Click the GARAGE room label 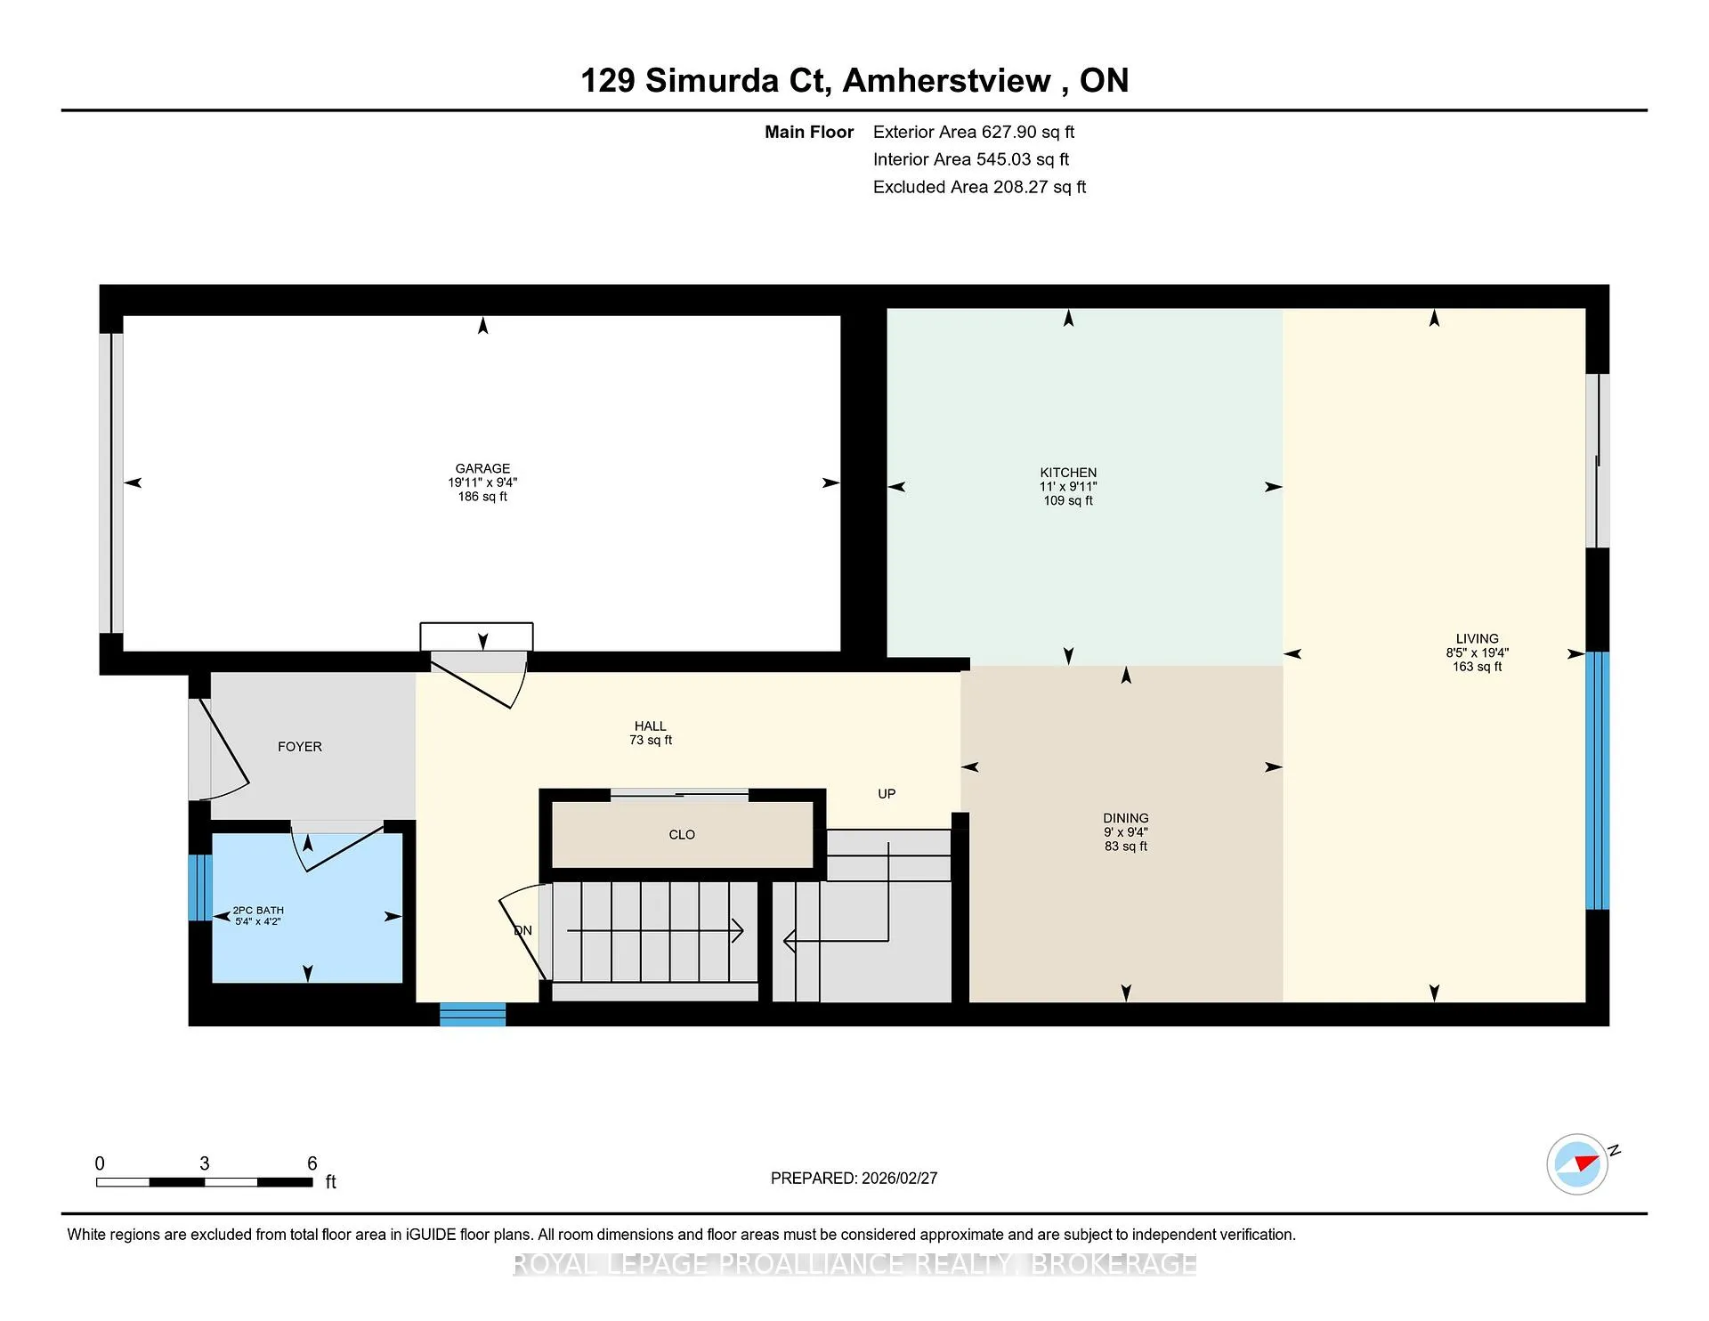click(x=482, y=468)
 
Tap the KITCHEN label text click(x=1068, y=473)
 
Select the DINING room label click(x=1126, y=818)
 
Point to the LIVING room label click(x=1478, y=638)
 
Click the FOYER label click(x=300, y=747)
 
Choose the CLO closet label click(x=682, y=835)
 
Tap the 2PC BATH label click(x=258, y=911)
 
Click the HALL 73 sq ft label click(x=651, y=733)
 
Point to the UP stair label click(x=887, y=794)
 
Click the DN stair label click(x=523, y=930)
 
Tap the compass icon click(x=1578, y=1163)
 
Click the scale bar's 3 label click(x=205, y=1163)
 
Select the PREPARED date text click(x=854, y=1178)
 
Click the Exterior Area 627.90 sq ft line click(x=974, y=132)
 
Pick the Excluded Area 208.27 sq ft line click(x=979, y=187)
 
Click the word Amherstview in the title click(x=947, y=80)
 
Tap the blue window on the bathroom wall click(x=200, y=887)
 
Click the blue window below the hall click(x=473, y=1015)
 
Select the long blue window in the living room click(x=1598, y=781)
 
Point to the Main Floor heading click(x=809, y=132)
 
